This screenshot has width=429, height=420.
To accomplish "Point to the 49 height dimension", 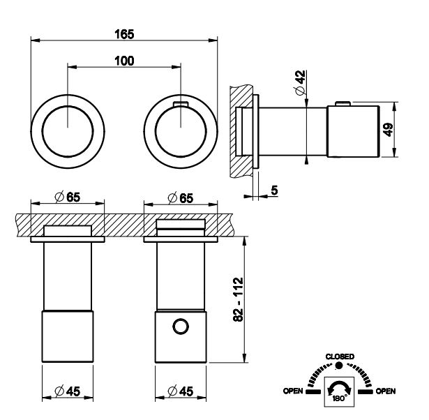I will point(408,130).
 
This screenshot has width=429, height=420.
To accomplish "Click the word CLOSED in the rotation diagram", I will point(340,357).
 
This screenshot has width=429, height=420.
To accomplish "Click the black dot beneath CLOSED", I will point(339,366).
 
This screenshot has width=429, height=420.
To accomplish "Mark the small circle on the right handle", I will point(181,326).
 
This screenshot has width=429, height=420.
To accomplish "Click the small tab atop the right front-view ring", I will point(180,104).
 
